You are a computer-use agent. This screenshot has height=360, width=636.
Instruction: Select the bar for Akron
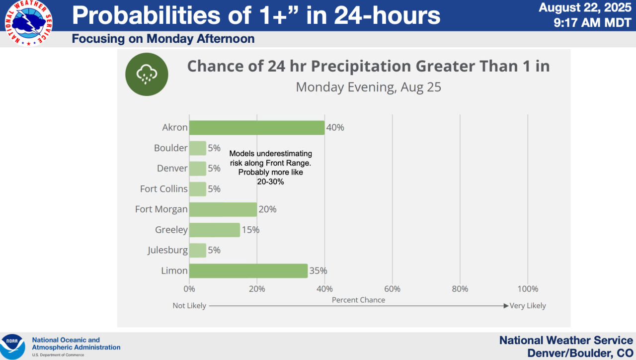(256, 128)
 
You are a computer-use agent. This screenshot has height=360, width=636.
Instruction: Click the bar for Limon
(248, 271)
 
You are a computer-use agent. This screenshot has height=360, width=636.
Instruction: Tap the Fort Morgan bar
(223, 209)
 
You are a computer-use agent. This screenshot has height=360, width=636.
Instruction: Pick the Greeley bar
(214, 230)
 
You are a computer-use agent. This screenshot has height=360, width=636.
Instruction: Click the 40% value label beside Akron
(335, 128)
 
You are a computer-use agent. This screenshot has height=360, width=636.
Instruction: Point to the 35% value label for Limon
(318, 271)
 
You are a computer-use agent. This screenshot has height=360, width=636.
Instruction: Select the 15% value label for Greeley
(251, 230)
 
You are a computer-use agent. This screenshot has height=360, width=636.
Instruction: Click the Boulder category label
(171, 148)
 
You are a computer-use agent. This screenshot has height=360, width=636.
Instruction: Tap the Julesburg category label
(167, 250)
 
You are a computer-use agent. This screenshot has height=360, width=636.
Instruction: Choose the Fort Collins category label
(164, 189)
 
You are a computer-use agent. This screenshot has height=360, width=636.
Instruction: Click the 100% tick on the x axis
(528, 289)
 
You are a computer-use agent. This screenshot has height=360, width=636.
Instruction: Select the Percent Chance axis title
(358, 300)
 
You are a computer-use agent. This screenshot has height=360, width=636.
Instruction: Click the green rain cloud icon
(147, 75)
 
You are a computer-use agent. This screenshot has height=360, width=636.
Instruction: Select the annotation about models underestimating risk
(271, 168)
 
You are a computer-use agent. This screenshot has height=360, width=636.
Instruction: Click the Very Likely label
(528, 306)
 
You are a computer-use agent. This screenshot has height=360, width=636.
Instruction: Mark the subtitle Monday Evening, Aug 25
(368, 88)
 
